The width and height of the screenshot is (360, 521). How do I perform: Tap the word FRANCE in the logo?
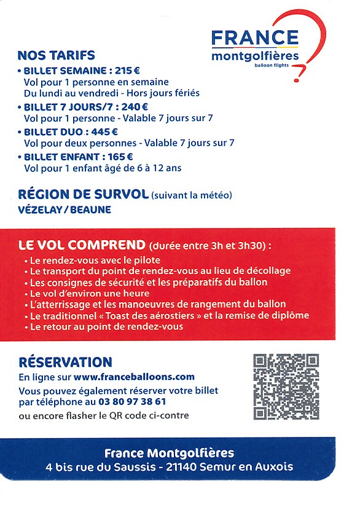click(x=255, y=38)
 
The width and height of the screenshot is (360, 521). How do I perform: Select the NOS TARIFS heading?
click(x=56, y=55)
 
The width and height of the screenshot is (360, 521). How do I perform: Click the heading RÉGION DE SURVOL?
click(x=83, y=195)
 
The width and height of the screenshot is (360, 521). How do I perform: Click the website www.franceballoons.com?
click(x=133, y=377)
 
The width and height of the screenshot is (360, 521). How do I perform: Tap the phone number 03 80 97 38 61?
click(x=131, y=401)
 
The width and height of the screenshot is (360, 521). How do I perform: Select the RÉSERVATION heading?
click(x=65, y=362)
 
